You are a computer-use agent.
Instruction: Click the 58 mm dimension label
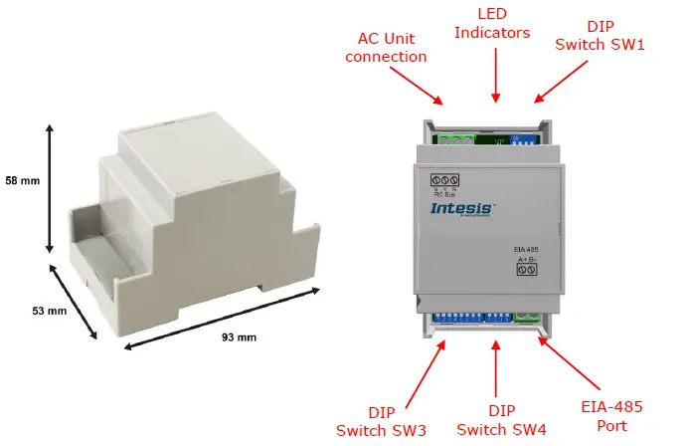click(22, 181)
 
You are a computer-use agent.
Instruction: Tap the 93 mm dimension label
click(239, 337)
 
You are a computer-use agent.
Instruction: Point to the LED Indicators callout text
click(495, 23)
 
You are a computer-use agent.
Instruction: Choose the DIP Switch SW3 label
click(382, 420)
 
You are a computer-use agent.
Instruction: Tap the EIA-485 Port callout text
click(611, 416)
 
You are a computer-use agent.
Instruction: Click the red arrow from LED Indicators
click(495, 74)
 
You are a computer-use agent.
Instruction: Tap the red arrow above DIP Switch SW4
click(495, 369)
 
